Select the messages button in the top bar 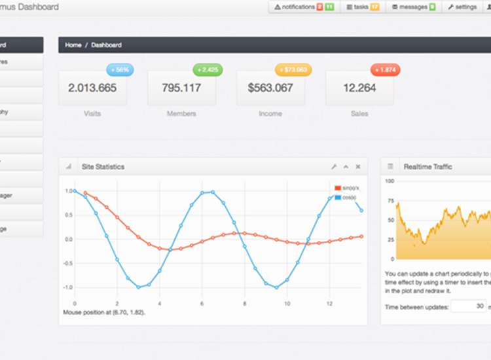[x=414, y=7]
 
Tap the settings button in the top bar [x=462, y=7]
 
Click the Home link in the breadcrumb [x=73, y=45]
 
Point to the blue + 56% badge [x=119, y=69]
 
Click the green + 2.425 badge [x=208, y=69]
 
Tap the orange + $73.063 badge [x=294, y=69]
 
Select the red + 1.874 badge [x=385, y=69]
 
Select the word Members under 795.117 [x=181, y=114]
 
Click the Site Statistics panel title [x=103, y=167]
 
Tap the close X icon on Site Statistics [x=358, y=167]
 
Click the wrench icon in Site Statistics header [x=333, y=167]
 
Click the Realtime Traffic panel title [x=428, y=167]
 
